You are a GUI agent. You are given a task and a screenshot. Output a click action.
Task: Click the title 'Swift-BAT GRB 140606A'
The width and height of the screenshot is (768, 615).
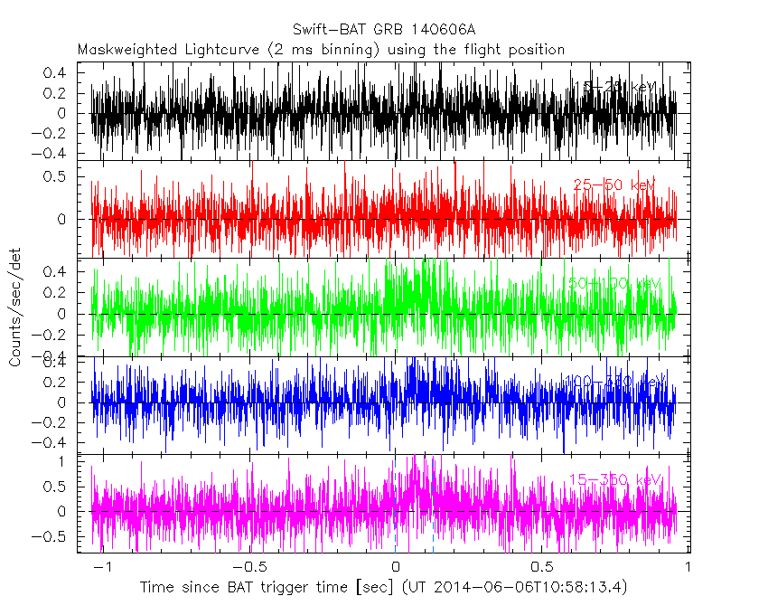click(384, 29)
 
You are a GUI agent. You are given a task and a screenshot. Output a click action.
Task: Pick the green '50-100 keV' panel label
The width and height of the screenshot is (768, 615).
click(614, 283)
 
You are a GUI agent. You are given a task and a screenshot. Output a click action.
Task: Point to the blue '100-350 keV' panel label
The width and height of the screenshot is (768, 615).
click(614, 381)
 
